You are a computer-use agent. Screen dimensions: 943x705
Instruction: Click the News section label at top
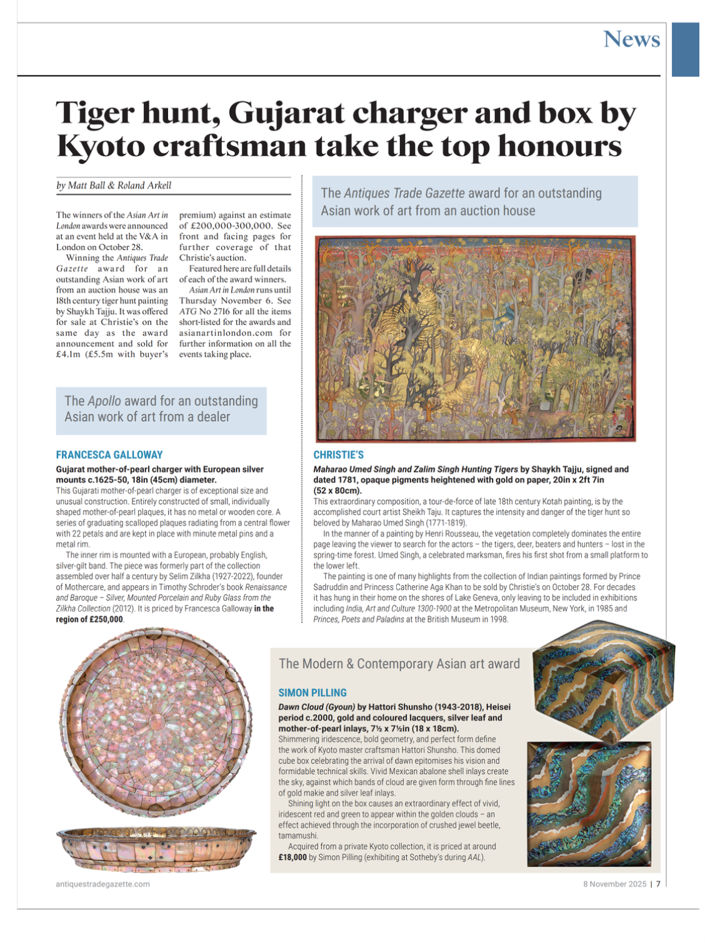(x=631, y=39)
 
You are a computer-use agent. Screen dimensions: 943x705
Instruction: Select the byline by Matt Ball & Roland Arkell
(x=114, y=185)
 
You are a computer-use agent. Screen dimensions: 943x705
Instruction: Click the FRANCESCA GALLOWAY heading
(x=109, y=455)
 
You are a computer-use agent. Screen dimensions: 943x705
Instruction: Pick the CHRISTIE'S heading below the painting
(x=338, y=455)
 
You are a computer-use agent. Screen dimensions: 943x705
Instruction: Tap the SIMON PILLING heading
(x=312, y=692)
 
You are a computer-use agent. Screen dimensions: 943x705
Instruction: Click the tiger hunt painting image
(x=475, y=338)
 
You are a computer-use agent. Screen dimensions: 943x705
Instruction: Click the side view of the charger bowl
(x=156, y=849)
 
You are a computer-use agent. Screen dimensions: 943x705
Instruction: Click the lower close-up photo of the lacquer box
(x=589, y=804)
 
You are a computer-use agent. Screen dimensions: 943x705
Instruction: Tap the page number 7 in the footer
(x=657, y=884)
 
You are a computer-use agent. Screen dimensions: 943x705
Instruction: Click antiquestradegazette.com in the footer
(x=102, y=884)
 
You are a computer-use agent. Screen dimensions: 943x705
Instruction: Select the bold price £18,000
(x=292, y=857)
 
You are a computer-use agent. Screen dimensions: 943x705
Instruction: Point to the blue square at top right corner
(x=685, y=49)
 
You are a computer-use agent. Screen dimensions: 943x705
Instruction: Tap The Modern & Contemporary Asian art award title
(x=399, y=663)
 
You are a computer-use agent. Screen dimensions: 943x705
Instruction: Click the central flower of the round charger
(x=157, y=724)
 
